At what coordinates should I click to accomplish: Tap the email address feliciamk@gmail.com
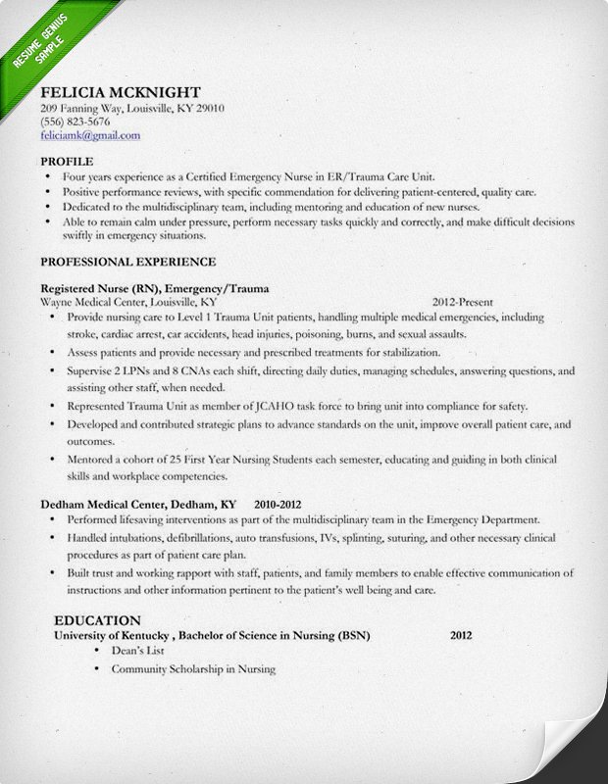tap(90, 135)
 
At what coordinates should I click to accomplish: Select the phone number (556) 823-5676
tap(76, 122)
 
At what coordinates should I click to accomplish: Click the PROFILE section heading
tap(68, 160)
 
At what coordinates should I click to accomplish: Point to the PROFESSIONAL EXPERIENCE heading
tap(127, 262)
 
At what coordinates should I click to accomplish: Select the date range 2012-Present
tap(462, 303)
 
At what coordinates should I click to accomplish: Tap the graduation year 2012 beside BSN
tap(461, 635)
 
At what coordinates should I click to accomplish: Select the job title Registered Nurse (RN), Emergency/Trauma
tap(155, 289)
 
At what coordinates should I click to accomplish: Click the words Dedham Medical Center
tap(104, 503)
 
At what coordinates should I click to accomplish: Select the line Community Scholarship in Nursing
tap(193, 669)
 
